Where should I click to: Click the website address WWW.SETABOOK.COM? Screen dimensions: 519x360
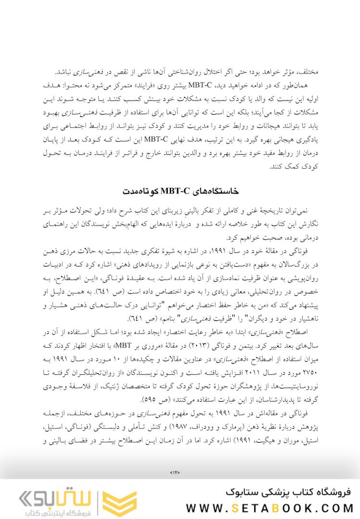click(269, 508)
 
